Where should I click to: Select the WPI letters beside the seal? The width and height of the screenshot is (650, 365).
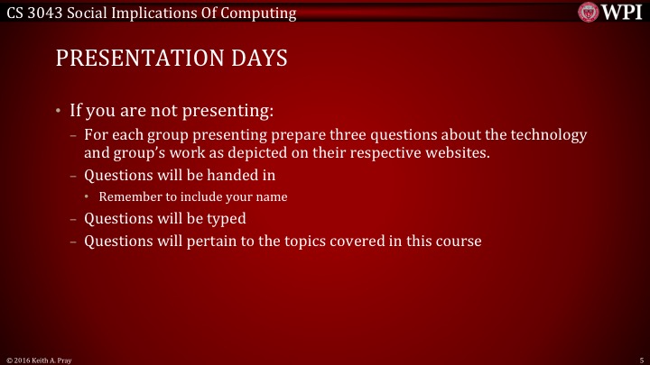622,13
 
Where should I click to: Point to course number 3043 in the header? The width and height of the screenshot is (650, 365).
45,13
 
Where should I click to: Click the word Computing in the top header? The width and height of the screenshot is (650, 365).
263,13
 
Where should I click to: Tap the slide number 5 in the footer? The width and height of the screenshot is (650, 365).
639,359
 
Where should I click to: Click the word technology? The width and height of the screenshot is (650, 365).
551,135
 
